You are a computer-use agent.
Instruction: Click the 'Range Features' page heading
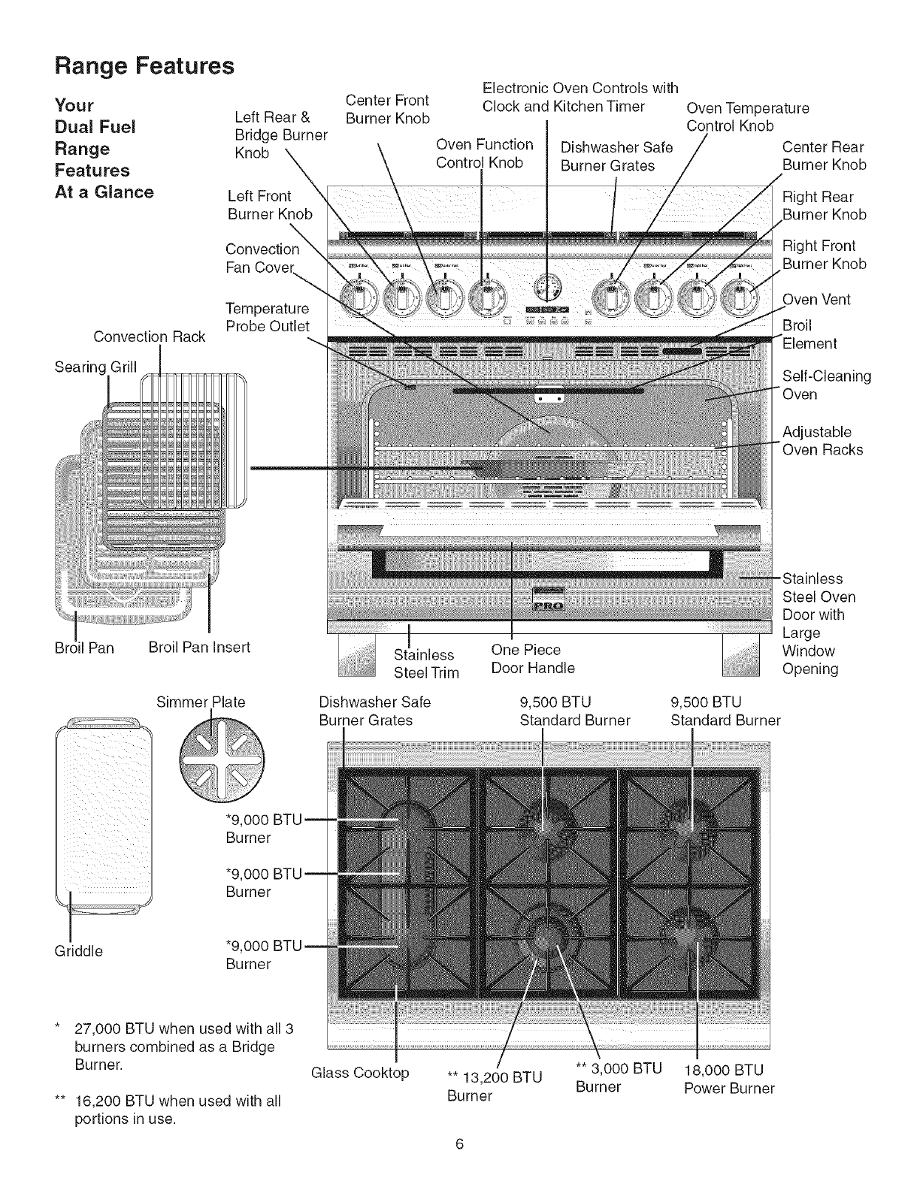click(144, 66)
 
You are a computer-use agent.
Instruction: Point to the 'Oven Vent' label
click(816, 300)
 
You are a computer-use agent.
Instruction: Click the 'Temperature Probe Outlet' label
click(267, 317)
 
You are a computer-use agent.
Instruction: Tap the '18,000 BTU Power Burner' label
click(728, 1079)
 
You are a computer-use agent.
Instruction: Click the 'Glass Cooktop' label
click(360, 1072)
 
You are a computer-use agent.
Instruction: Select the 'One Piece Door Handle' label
click(532, 659)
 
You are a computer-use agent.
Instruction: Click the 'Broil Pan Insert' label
click(199, 648)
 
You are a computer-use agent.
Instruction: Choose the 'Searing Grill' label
click(95, 367)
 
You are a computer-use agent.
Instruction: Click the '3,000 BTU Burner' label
click(618, 1078)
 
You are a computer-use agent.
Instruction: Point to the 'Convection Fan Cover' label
click(262, 258)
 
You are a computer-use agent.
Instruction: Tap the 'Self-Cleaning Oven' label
click(826, 385)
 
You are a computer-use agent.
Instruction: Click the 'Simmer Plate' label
click(201, 702)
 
